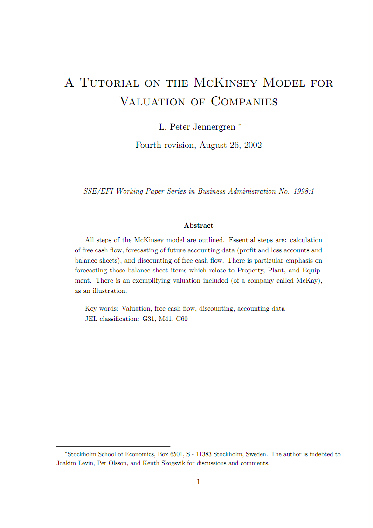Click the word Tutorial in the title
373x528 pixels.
click(110, 83)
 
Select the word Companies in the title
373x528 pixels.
click(244, 101)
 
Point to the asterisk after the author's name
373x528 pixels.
click(240, 125)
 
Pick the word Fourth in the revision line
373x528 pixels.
click(148, 145)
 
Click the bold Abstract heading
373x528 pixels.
click(199, 225)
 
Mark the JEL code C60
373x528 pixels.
click(182, 320)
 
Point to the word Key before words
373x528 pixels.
click(91, 308)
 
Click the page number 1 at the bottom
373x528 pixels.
click(198, 482)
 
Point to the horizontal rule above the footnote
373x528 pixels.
click(113, 446)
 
